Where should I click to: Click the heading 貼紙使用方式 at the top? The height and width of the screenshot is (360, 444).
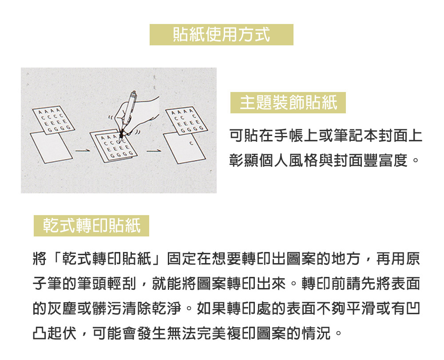click(x=221, y=34)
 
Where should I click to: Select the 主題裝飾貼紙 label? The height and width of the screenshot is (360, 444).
click(x=288, y=103)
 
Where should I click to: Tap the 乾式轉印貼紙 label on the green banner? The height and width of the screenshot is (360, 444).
click(x=91, y=225)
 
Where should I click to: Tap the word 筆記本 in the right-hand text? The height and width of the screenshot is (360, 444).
click(x=356, y=136)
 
